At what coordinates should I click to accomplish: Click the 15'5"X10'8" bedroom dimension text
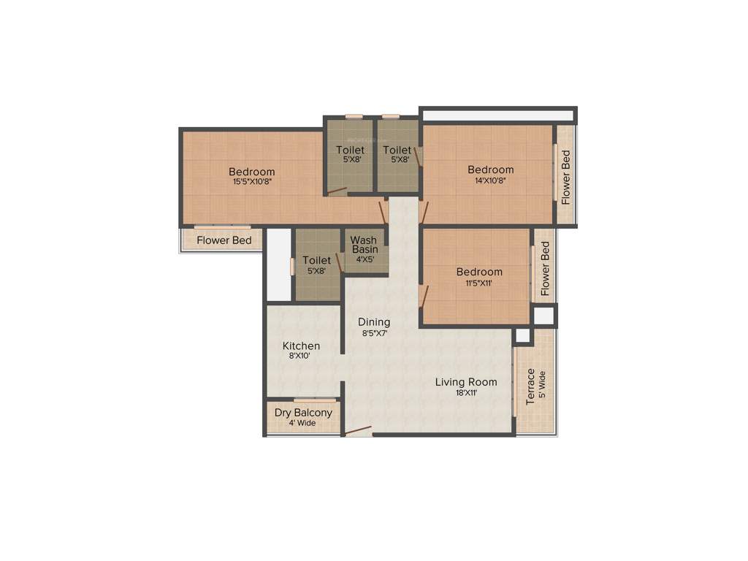point(252,182)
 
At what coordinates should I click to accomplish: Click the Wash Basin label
point(364,244)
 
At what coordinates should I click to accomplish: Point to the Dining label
point(373,322)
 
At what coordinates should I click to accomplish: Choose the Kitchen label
point(301,346)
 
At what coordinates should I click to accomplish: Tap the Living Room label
point(466,382)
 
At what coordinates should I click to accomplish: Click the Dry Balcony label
point(303,413)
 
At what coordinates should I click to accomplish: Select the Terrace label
point(530,386)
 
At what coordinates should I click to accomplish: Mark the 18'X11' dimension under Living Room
point(466,392)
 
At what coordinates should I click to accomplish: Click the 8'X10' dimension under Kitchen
point(299,356)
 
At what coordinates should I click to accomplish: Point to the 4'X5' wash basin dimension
point(364,259)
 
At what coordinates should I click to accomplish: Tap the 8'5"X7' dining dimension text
point(374,332)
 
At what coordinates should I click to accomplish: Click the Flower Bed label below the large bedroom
point(224,240)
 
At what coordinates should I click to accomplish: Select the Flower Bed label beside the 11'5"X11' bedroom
point(545,268)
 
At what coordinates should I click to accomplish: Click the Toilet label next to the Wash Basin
point(316,260)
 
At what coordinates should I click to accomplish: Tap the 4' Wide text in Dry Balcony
point(302,423)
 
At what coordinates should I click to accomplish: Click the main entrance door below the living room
point(358,432)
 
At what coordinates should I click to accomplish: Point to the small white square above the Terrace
point(522,335)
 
